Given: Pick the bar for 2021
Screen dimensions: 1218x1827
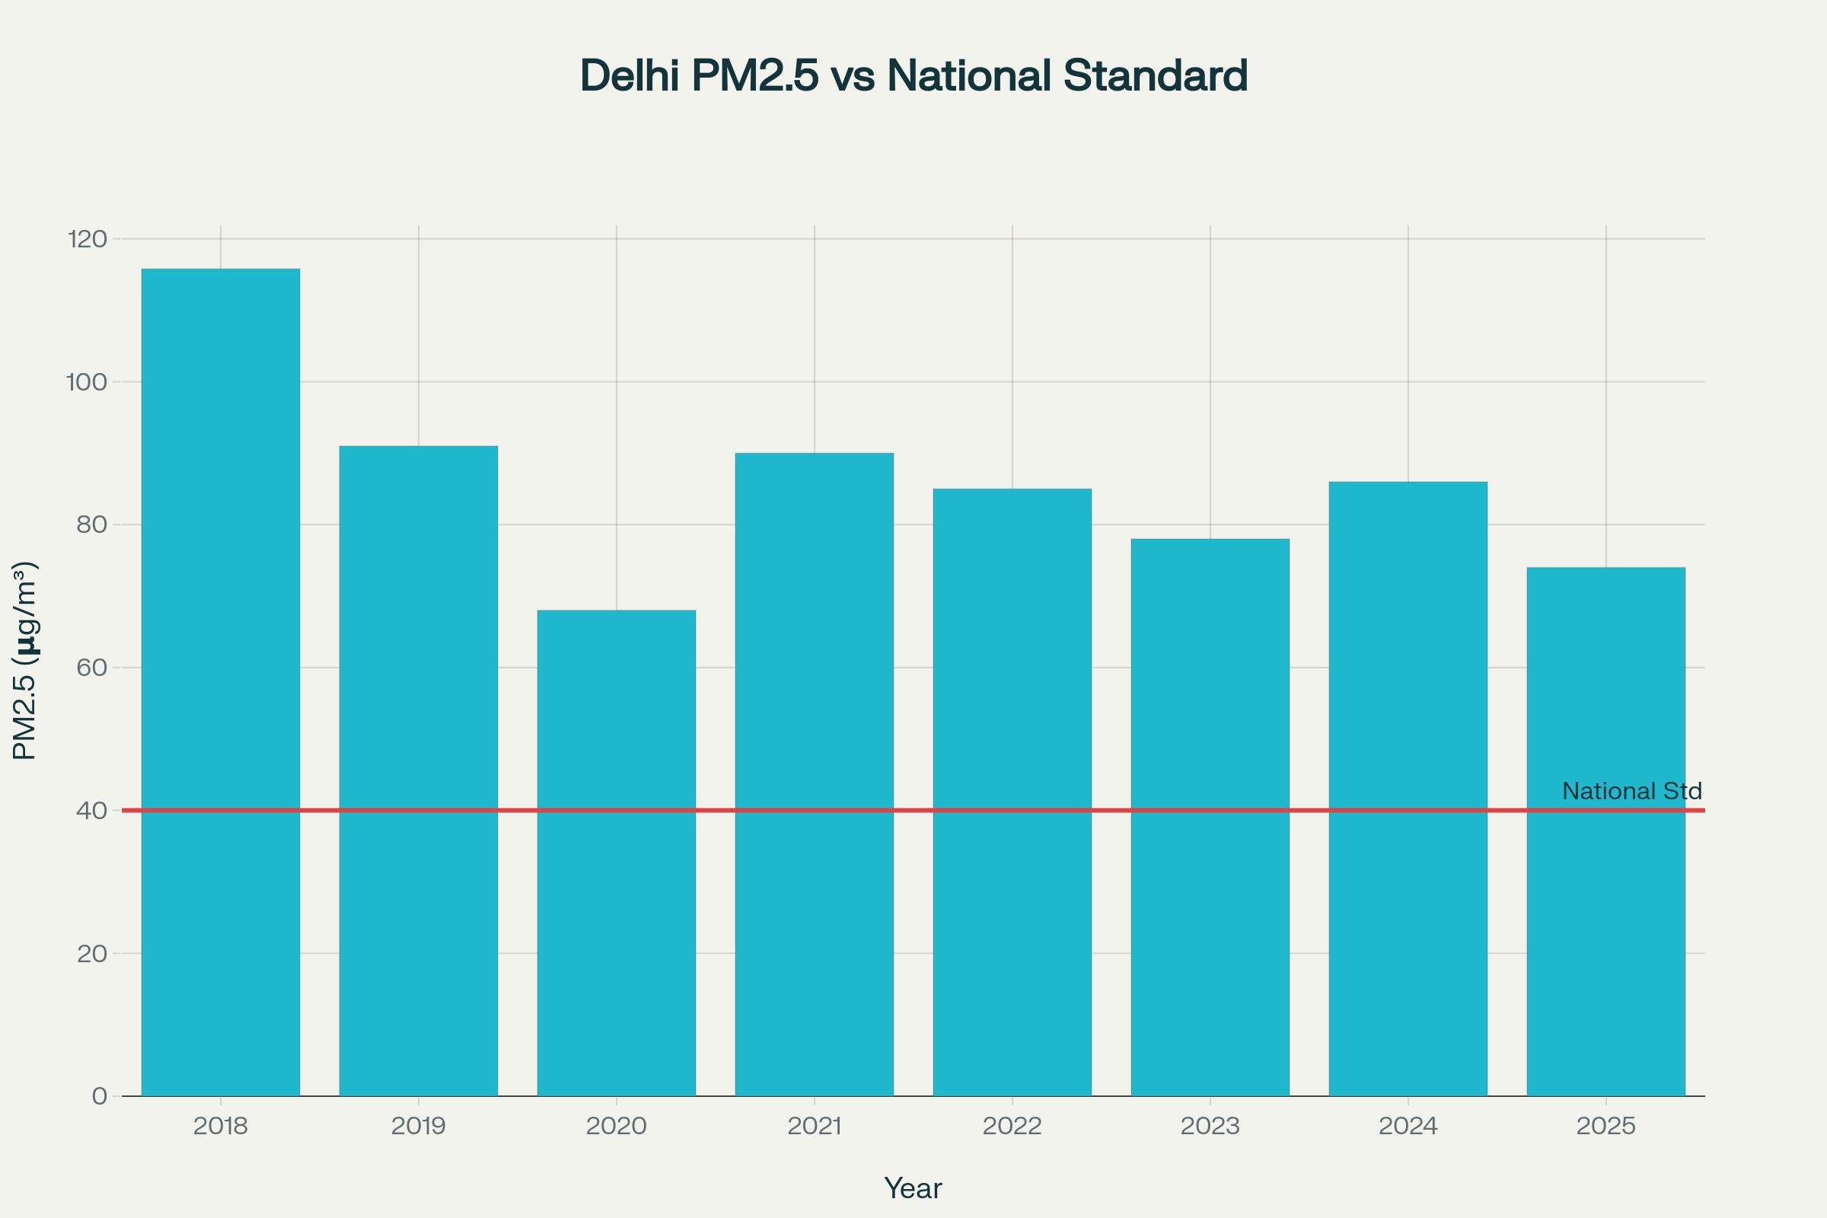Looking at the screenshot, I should (814, 773).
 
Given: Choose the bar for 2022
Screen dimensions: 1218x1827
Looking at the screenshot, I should (1012, 792).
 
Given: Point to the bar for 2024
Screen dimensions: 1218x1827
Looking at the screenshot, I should (1408, 789).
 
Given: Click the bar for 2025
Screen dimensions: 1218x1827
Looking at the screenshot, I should (1605, 831).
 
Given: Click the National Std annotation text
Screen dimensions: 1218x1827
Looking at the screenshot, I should (1631, 791).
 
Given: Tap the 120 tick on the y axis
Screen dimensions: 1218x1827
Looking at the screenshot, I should (87, 238).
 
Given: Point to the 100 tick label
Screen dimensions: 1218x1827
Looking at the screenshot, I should (86, 381).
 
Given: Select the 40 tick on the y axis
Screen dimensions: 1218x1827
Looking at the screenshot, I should (91, 810).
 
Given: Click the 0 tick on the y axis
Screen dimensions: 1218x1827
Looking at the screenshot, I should (100, 1096).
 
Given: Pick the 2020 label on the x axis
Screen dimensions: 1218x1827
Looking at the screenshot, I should (616, 1126).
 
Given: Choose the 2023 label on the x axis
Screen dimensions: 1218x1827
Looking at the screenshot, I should (1210, 1126).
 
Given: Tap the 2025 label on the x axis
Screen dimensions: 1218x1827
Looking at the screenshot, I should (1605, 1126).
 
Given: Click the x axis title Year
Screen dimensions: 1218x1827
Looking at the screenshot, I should (913, 1188).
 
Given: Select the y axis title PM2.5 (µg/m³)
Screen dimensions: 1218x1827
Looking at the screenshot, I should (25, 660).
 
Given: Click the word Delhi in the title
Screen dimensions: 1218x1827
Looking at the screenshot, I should (630, 75).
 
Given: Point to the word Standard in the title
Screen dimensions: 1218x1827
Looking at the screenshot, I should (1155, 75).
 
